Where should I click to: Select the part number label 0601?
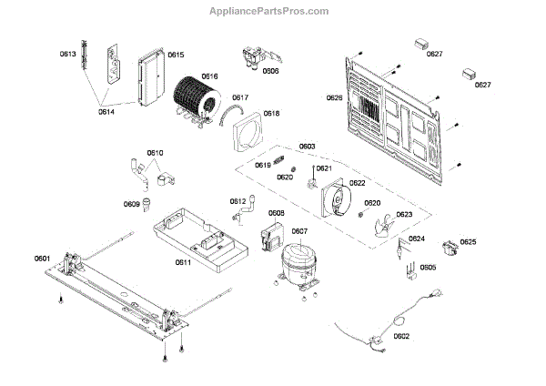click(43, 259)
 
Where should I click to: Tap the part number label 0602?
click(401, 336)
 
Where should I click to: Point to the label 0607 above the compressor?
click(299, 232)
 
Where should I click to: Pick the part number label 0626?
click(335, 97)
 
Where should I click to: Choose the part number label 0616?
click(209, 76)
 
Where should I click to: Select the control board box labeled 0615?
click(148, 80)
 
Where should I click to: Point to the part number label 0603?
click(307, 147)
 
